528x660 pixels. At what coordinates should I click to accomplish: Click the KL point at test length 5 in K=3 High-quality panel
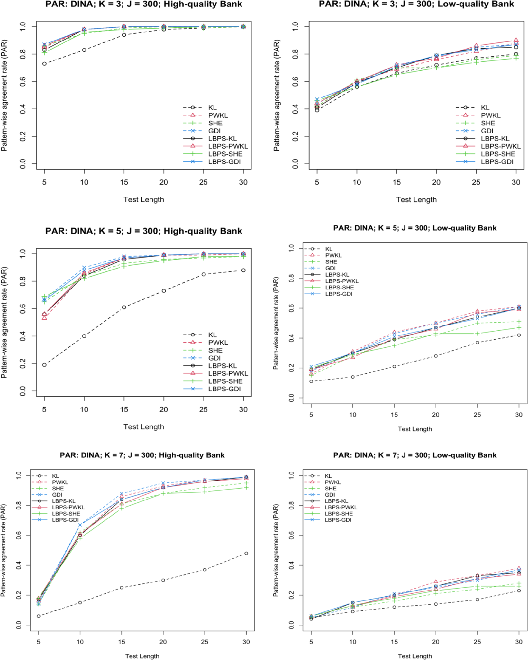pyautogui.click(x=44, y=64)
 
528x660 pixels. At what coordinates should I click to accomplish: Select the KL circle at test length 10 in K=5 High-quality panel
pyautogui.click(x=84, y=336)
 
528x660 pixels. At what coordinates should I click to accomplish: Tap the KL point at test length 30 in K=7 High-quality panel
pyautogui.click(x=246, y=553)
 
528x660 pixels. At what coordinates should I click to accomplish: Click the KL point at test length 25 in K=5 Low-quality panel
pyautogui.click(x=478, y=343)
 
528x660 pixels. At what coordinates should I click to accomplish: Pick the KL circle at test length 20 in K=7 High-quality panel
pyautogui.click(x=163, y=580)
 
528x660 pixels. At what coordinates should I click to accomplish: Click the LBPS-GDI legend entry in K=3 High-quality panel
pyautogui.click(x=224, y=162)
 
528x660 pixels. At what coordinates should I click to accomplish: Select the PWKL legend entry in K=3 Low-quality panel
pyautogui.click(x=490, y=115)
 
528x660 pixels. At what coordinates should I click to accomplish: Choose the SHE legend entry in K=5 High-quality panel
pyautogui.click(x=215, y=350)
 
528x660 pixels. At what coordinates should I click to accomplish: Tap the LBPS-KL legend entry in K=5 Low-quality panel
pyautogui.click(x=337, y=275)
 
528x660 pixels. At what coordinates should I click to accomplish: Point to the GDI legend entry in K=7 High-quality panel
pyautogui.click(x=57, y=495)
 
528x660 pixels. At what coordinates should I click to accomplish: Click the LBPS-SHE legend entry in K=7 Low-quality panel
pyautogui.click(x=339, y=514)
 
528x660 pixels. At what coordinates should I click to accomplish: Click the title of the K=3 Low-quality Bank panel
pyautogui.click(x=416, y=4)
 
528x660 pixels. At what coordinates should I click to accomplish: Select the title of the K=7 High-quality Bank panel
pyautogui.click(x=142, y=455)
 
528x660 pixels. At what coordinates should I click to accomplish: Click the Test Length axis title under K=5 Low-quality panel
pyautogui.click(x=415, y=429)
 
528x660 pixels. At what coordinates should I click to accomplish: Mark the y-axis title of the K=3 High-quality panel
pyautogui.click(x=4, y=95)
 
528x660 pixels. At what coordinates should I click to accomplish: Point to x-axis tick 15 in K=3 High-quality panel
pyautogui.click(x=124, y=182)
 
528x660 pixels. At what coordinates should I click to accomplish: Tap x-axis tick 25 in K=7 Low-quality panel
pyautogui.click(x=478, y=642)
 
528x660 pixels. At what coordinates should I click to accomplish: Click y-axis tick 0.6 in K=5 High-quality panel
pyautogui.click(x=23, y=309)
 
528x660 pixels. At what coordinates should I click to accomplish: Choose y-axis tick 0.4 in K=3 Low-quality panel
pyautogui.click(x=295, y=109)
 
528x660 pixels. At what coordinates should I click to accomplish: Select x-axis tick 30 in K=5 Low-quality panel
pyautogui.click(x=519, y=415)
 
